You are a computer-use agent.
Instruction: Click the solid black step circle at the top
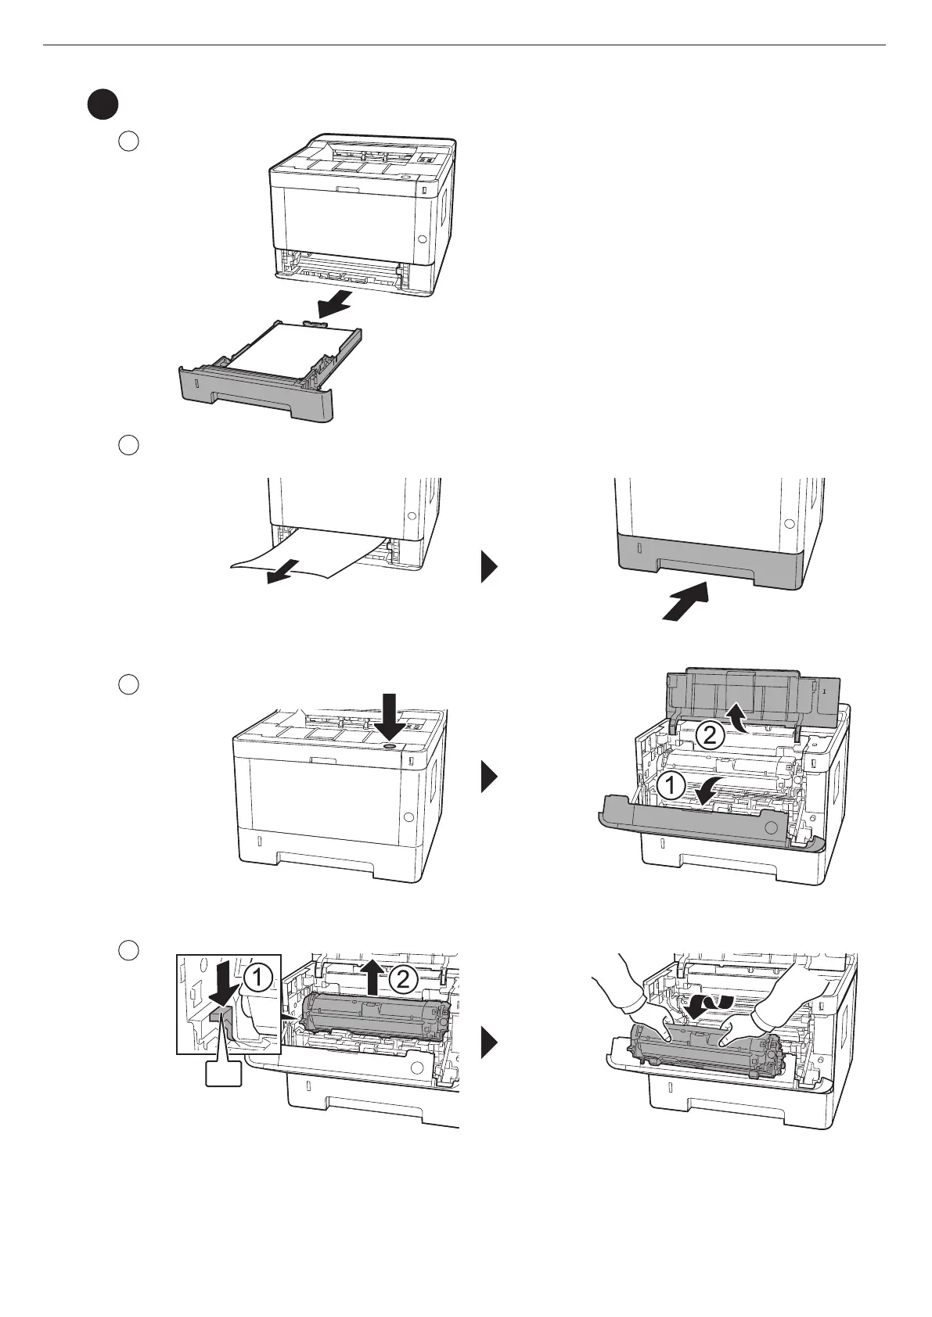click(x=102, y=106)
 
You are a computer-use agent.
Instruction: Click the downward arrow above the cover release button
click(x=389, y=716)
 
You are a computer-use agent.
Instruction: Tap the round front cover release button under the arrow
click(x=389, y=746)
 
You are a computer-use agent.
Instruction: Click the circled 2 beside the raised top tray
click(x=708, y=734)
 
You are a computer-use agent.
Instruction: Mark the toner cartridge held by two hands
click(x=696, y=1052)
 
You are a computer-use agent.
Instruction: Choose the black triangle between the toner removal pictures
click(x=489, y=1042)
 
